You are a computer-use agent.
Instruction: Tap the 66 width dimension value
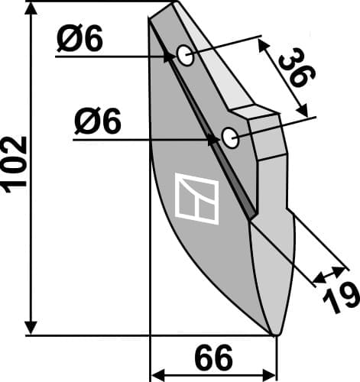(x=214, y=358)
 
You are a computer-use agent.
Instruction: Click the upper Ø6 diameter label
(x=79, y=40)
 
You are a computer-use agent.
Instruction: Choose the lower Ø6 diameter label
(x=98, y=122)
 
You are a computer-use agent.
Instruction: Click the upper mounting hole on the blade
(x=185, y=55)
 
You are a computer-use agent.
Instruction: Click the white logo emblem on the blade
(x=197, y=199)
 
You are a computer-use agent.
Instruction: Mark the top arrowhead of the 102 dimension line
(x=31, y=9)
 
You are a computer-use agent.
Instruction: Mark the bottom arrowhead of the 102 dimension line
(x=31, y=327)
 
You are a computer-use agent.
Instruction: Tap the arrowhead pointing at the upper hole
(x=169, y=55)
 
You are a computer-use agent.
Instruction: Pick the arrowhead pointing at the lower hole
(x=213, y=138)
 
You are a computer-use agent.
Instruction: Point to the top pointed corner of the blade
(x=174, y=4)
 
